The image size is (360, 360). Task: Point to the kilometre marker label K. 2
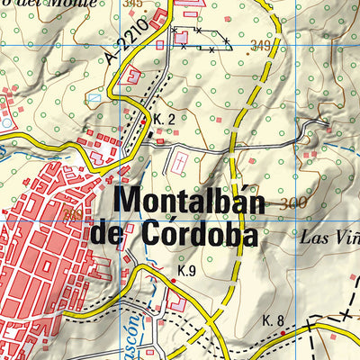pyautogui.click(x=163, y=120)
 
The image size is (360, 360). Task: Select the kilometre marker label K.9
pyautogui.click(x=186, y=271)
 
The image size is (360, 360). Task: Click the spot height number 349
pyautogui.click(x=262, y=46)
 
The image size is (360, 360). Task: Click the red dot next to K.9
pyautogui.click(x=173, y=282)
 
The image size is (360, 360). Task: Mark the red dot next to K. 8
pyautogui.click(x=283, y=332)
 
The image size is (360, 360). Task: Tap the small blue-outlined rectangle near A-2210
pyautogui.click(x=94, y=97)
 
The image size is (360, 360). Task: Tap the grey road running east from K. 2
pyautogui.click(x=225, y=144)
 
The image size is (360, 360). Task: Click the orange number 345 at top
pyautogui.click(x=135, y=4)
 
